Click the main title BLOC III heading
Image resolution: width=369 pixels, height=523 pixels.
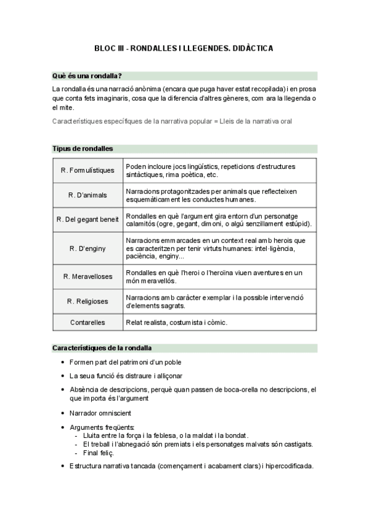tap(184, 47)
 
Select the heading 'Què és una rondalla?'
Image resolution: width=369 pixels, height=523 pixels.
tap(87, 76)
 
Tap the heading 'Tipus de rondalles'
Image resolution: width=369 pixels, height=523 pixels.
tap(83, 149)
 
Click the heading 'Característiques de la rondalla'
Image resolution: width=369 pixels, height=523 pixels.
tap(102, 348)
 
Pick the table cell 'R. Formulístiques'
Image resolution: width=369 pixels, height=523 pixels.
tap(87, 170)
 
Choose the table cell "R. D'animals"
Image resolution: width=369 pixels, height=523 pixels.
tap(87, 196)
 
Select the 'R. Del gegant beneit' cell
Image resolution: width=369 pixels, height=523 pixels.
tap(87, 220)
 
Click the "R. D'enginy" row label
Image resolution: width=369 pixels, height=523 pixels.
tap(87, 248)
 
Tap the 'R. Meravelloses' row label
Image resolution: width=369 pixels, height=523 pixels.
tap(87, 276)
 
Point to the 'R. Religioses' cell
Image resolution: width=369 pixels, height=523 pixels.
tap(87, 302)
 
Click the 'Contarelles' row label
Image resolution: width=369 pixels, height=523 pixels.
tap(87, 322)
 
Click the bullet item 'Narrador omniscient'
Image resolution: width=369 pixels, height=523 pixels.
tap(100, 413)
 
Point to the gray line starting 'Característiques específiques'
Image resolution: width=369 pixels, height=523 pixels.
tap(172, 121)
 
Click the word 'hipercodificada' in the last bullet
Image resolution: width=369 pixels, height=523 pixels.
tap(289, 466)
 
